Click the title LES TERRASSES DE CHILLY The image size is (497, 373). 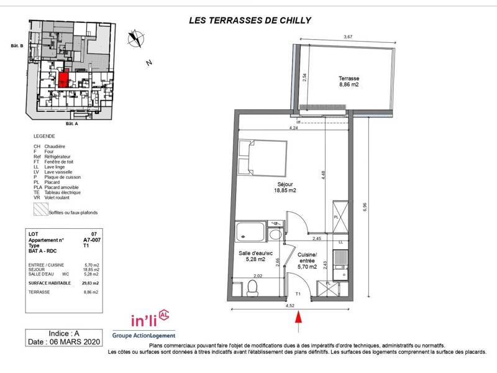[249, 20]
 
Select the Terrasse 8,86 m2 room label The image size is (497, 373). [349, 82]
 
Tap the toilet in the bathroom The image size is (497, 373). [252, 287]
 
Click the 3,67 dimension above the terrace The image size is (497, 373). [348, 38]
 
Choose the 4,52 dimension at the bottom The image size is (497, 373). [290, 305]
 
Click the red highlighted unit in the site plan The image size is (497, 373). [63, 80]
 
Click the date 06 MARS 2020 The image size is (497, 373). [64, 342]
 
